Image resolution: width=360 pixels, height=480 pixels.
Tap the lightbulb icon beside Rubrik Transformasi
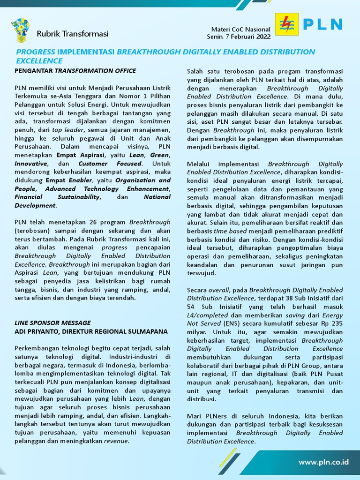pyautogui.click(x=20, y=30)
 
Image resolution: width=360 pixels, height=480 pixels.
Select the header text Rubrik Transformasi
pyautogui.click(x=72, y=34)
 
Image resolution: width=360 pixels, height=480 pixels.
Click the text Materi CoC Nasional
pyautogui.click(x=240, y=30)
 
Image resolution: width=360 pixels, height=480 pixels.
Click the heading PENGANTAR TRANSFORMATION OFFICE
pyautogui.click(x=75, y=71)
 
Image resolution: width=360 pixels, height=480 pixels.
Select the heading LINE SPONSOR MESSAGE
pyautogui.click(x=52, y=323)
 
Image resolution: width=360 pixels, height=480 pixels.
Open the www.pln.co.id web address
pyautogui.click(x=324, y=462)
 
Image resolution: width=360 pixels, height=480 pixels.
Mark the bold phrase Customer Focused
pyautogui.click(x=110, y=164)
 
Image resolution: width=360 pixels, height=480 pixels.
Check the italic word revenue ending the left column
pyautogui.click(x=116, y=441)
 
